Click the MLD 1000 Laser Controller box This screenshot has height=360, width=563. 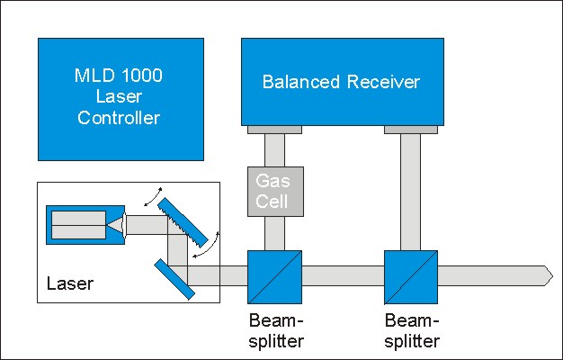click(x=121, y=99)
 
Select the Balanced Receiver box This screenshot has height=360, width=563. click(x=343, y=82)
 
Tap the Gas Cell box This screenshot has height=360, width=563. click(x=275, y=192)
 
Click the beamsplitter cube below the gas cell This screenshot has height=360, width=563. click(x=274, y=277)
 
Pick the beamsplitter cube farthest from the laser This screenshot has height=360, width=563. click(x=411, y=277)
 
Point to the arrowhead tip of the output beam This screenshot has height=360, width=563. click(x=552, y=276)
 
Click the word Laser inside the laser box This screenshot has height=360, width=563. click(x=70, y=283)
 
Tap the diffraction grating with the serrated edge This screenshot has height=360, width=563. click(x=183, y=223)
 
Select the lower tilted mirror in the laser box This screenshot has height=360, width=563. click(x=174, y=279)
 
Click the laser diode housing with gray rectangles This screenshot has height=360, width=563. click(x=85, y=225)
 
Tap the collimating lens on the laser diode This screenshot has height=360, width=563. click(x=124, y=225)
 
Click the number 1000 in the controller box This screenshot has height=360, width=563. click(x=142, y=76)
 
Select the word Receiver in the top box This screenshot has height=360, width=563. click(x=383, y=82)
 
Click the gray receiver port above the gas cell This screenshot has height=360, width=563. click(x=274, y=130)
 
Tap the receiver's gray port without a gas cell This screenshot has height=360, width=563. click(x=411, y=130)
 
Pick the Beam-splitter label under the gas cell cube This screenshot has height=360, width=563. click(x=276, y=330)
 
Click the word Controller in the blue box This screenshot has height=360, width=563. click(x=119, y=118)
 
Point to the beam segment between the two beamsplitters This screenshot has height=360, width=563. click(x=343, y=276)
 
